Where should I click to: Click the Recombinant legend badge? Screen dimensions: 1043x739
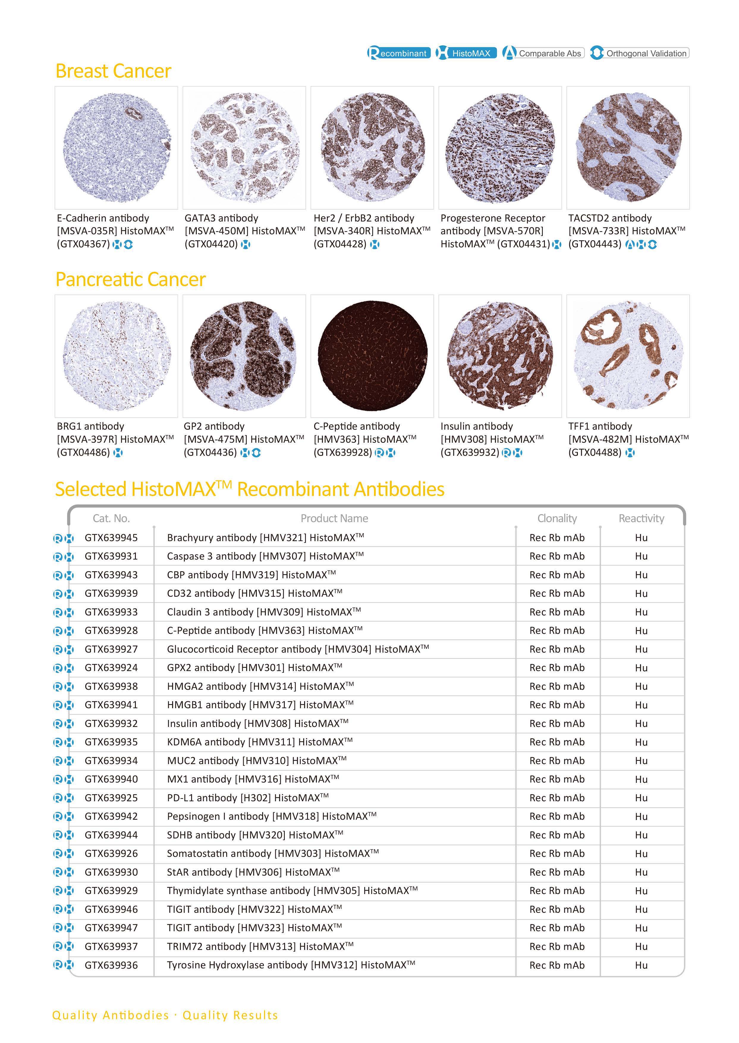pos(399,53)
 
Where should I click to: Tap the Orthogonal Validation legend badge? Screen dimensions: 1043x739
pos(639,53)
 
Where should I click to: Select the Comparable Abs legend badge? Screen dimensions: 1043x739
pos(543,53)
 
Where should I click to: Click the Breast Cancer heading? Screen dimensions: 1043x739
pos(113,71)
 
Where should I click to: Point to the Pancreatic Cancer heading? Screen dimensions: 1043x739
pos(130,279)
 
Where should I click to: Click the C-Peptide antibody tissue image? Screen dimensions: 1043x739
pos(372,356)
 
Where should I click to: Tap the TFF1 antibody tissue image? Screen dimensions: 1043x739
pos(628,356)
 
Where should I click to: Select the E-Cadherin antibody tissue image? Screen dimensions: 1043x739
pos(117,148)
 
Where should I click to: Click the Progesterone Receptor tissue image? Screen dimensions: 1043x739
pos(500,148)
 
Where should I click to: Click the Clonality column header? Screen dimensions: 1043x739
pos(557,518)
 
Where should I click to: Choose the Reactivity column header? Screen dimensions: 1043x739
pos(641,518)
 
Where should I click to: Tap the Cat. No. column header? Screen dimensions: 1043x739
pos(111,518)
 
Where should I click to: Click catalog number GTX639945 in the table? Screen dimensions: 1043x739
pos(111,538)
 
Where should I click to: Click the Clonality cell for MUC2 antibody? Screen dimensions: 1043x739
pos(557,761)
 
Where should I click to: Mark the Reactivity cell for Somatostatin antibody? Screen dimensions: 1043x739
pos(641,854)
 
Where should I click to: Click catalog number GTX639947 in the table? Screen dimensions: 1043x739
pos(111,928)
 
